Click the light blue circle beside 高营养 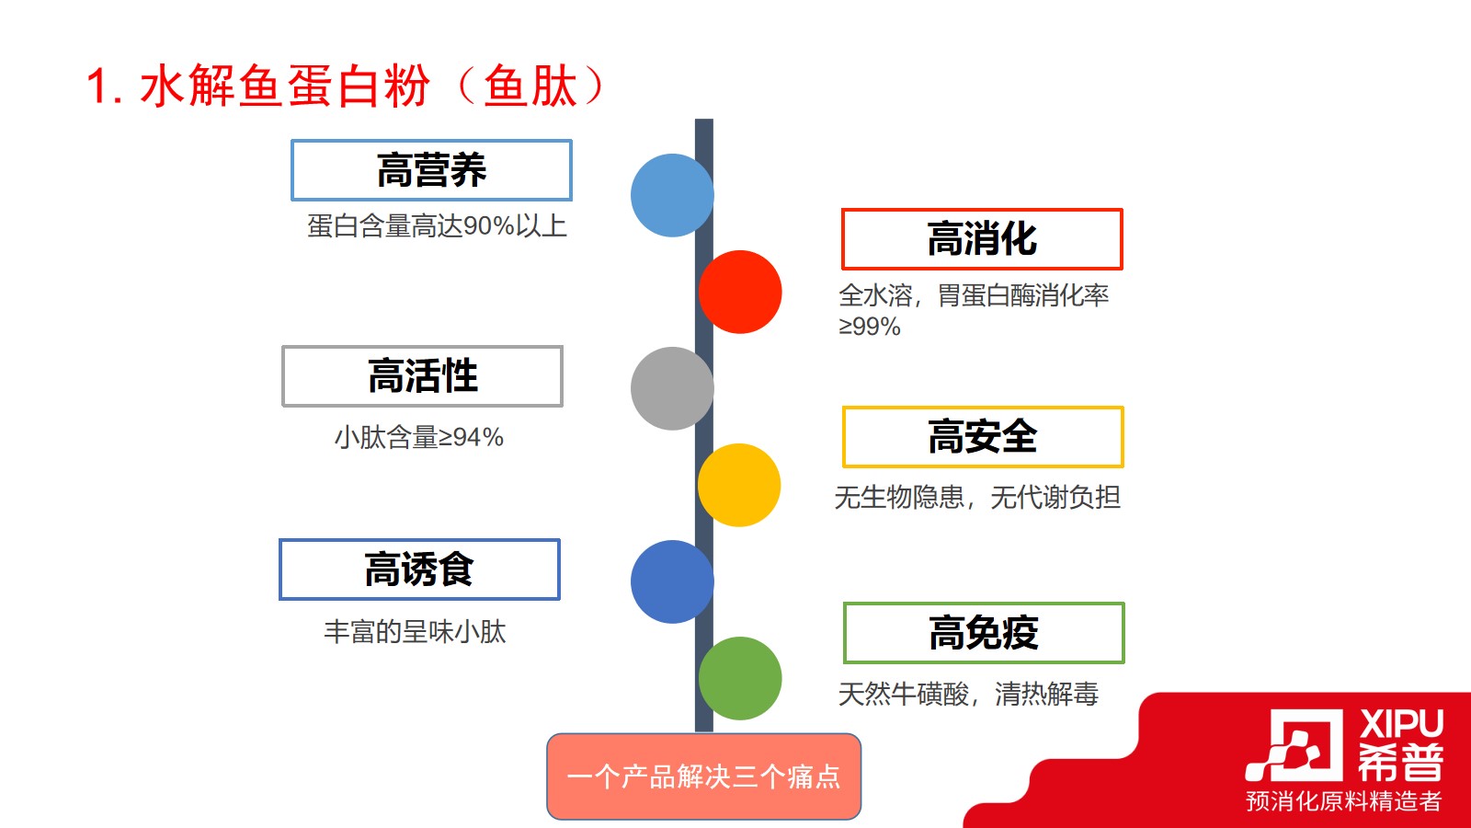(x=672, y=195)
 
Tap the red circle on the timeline (x=740, y=292)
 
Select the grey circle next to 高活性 (x=672, y=388)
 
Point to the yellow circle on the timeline (x=739, y=485)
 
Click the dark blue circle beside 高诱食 (x=672, y=581)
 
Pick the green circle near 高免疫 (x=740, y=678)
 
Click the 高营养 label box (x=431, y=170)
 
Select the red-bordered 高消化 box (x=982, y=238)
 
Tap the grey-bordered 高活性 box (x=422, y=376)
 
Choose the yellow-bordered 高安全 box (x=983, y=437)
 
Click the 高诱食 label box (x=419, y=569)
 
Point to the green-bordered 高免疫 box (x=984, y=633)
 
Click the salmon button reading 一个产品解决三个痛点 (x=703, y=776)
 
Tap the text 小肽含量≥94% (x=419, y=437)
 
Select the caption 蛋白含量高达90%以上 (x=437, y=226)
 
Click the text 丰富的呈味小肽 (x=415, y=631)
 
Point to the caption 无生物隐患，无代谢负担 (x=977, y=498)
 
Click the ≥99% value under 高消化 (x=869, y=326)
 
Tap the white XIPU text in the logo (x=1401, y=724)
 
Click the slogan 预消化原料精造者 (x=1343, y=801)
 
